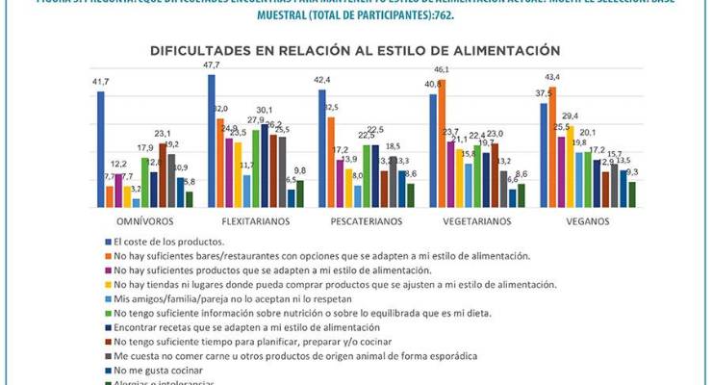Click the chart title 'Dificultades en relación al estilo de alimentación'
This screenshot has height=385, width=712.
pyautogui.click(x=355, y=49)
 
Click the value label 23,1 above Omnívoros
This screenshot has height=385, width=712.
pyautogui.click(x=163, y=134)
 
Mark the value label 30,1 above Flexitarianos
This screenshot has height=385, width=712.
pyautogui.click(x=264, y=111)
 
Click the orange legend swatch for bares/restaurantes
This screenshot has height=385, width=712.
pyautogui.click(x=106, y=256)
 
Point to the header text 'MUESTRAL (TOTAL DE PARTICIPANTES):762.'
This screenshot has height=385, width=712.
pyautogui.click(x=355, y=14)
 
